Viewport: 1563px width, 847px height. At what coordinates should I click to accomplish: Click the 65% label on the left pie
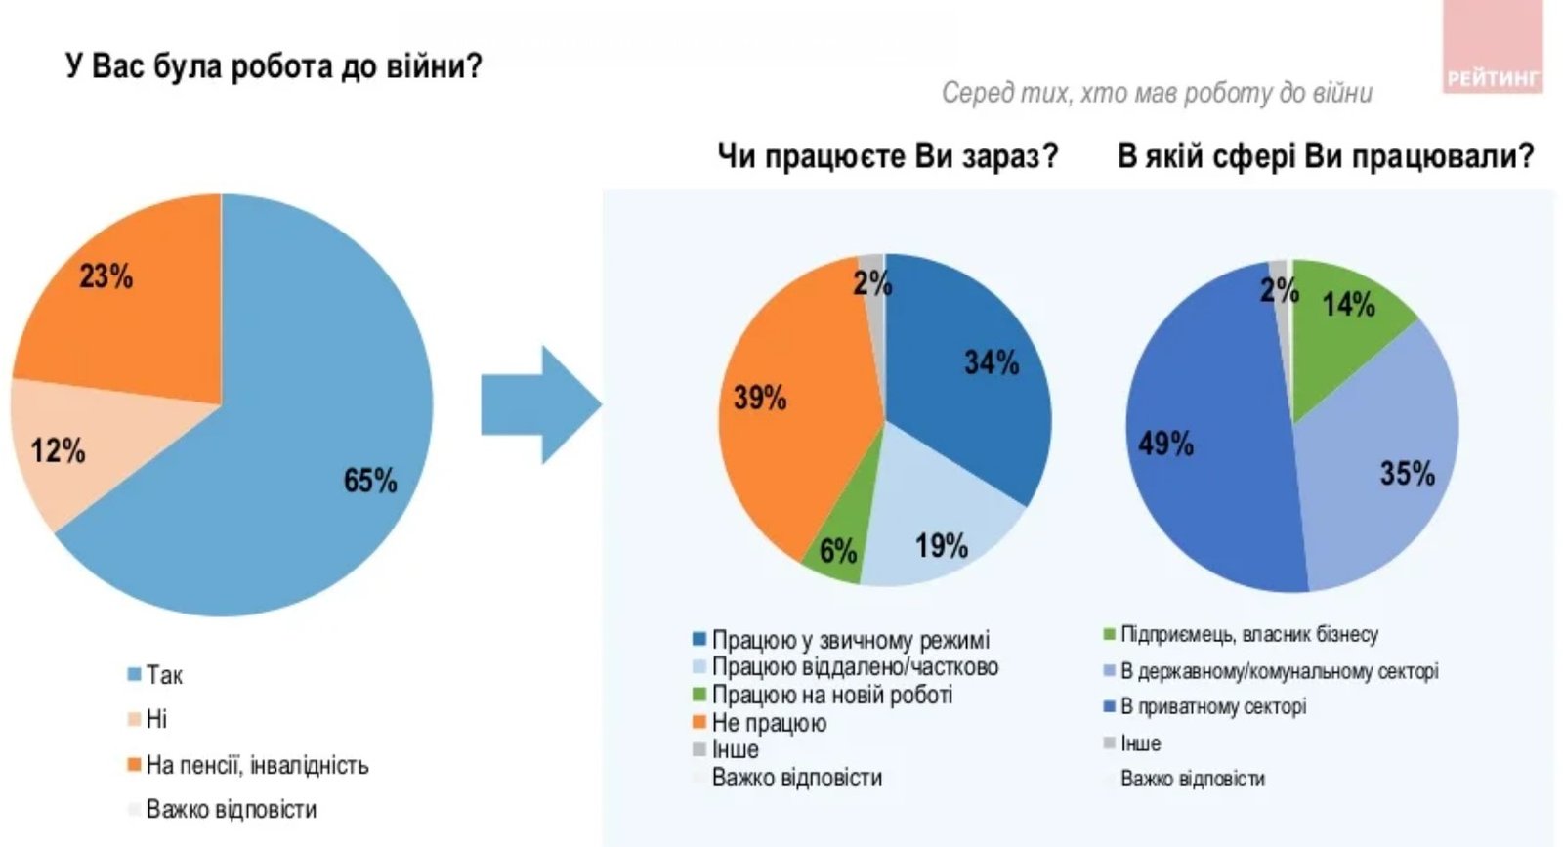[369, 481]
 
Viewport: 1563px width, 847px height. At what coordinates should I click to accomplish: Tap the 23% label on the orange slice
[106, 276]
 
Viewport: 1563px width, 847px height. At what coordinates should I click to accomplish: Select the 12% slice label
[58, 450]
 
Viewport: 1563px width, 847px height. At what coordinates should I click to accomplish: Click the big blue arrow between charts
[539, 404]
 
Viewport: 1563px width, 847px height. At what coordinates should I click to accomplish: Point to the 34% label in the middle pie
[991, 363]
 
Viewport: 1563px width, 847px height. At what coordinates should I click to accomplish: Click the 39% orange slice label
[760, 398]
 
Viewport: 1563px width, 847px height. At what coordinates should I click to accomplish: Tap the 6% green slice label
[837, 551]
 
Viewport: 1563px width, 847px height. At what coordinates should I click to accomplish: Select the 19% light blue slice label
[941, 546]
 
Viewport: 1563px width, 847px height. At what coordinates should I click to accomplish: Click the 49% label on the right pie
[1165, 445]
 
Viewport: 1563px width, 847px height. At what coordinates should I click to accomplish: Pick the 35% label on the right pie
[1407, 475]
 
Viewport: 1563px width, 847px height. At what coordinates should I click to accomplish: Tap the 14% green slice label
[1348, 305]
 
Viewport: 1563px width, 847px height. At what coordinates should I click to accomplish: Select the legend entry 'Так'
[164, 675]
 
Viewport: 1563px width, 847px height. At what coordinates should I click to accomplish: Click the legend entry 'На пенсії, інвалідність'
[257, 765]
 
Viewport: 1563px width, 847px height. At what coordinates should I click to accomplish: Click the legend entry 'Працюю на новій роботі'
[831, 695]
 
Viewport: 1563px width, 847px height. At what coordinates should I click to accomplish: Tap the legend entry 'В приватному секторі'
[1212, 706]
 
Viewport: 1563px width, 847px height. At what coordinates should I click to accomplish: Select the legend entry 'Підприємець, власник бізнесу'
[1248, 635]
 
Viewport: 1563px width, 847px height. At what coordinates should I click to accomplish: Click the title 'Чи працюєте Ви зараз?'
[887, 155]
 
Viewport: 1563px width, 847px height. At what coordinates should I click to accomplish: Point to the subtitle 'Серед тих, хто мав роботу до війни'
[1157, 93]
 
